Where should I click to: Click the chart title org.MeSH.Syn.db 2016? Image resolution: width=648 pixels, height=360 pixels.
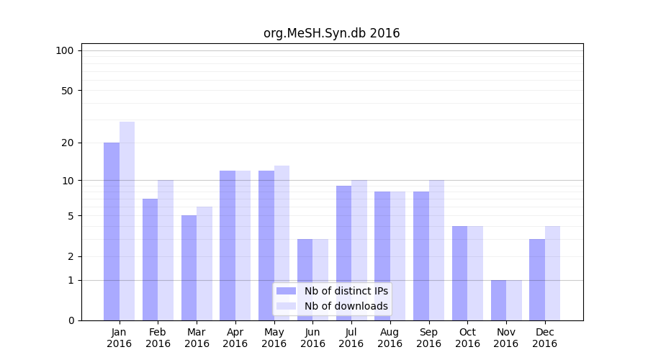pyautogui.click(x=331, y=33)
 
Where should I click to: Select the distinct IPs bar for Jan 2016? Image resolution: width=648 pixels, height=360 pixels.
pyautogui.click(x=112, y=230)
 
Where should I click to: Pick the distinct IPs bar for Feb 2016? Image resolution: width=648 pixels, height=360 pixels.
pyautogui.click(x=150, y=259)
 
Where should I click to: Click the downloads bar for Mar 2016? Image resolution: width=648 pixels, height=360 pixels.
pyautogui.click(x=204, y=263)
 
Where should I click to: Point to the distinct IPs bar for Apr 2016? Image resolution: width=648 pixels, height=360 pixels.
pyautogui.click(x=228, y=245)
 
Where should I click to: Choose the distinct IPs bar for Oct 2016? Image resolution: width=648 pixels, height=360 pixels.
pyautogui.click(x=459, y=273)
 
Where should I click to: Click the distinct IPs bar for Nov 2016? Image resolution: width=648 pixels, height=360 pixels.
pyautogui.click(x=498, y=300)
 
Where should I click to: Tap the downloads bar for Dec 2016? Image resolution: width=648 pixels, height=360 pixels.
pyautogui.click(x=552, y=273)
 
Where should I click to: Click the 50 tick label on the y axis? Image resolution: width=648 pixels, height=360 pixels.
pyautogui.click(x=67, y=91)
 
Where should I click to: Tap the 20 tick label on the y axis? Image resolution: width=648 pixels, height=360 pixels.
pyautogui.click(x=67, y=143)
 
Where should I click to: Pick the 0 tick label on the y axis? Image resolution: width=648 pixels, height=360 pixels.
pyautogui.click(x=70, y=320)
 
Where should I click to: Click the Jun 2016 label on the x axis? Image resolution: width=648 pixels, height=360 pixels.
pyautogui.click(x=312, y=338)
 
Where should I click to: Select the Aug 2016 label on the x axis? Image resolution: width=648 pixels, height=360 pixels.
pyautogui.click(x=390, y=338)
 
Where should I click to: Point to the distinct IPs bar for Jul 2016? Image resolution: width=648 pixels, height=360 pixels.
pyautogui.click(x=343, y=253)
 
